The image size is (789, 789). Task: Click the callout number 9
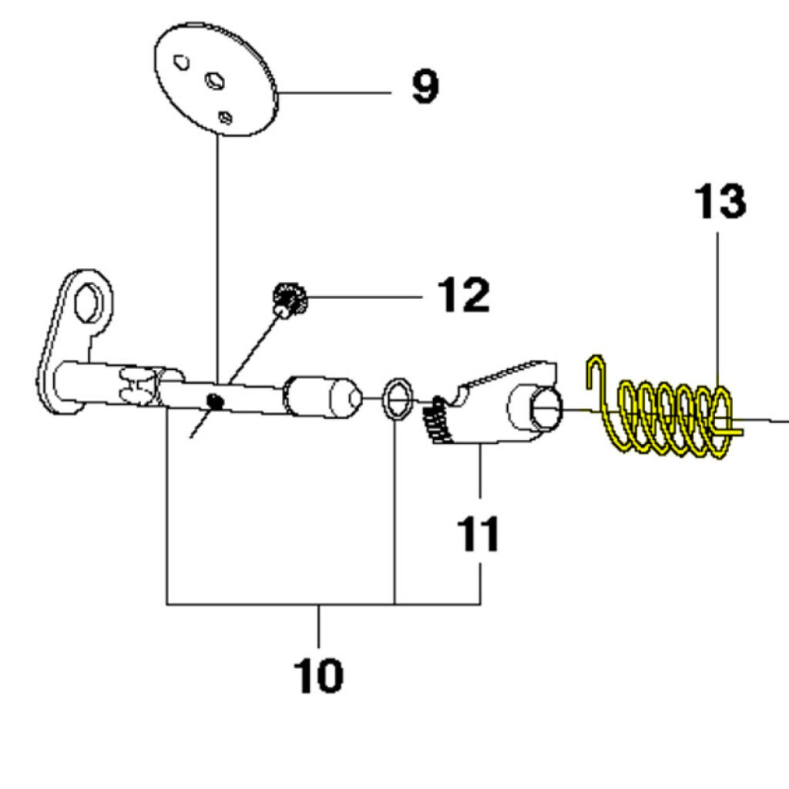coord(425,87)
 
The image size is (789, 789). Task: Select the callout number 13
coord(720,202)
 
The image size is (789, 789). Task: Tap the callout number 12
coord(463,295)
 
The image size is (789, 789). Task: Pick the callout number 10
coord(318,676)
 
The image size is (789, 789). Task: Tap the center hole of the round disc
coord(213,79)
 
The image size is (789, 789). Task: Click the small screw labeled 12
coord(290,299)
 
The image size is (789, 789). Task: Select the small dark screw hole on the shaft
coord(217,399)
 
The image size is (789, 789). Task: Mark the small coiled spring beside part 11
coord(437,421)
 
